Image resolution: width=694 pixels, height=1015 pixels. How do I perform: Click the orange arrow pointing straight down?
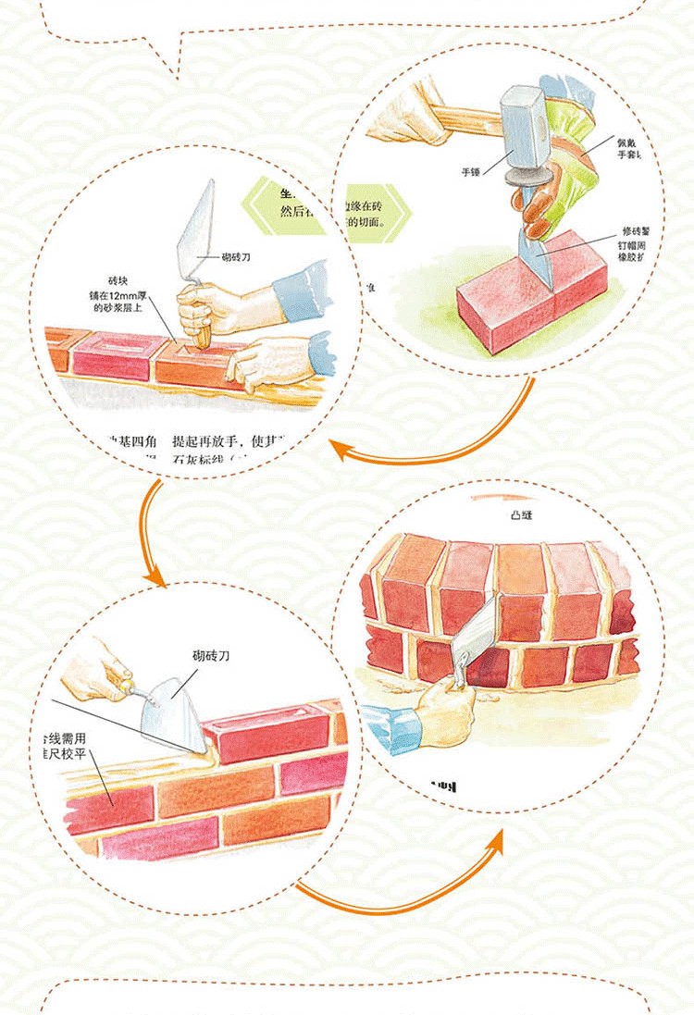(x=150, y=537)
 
